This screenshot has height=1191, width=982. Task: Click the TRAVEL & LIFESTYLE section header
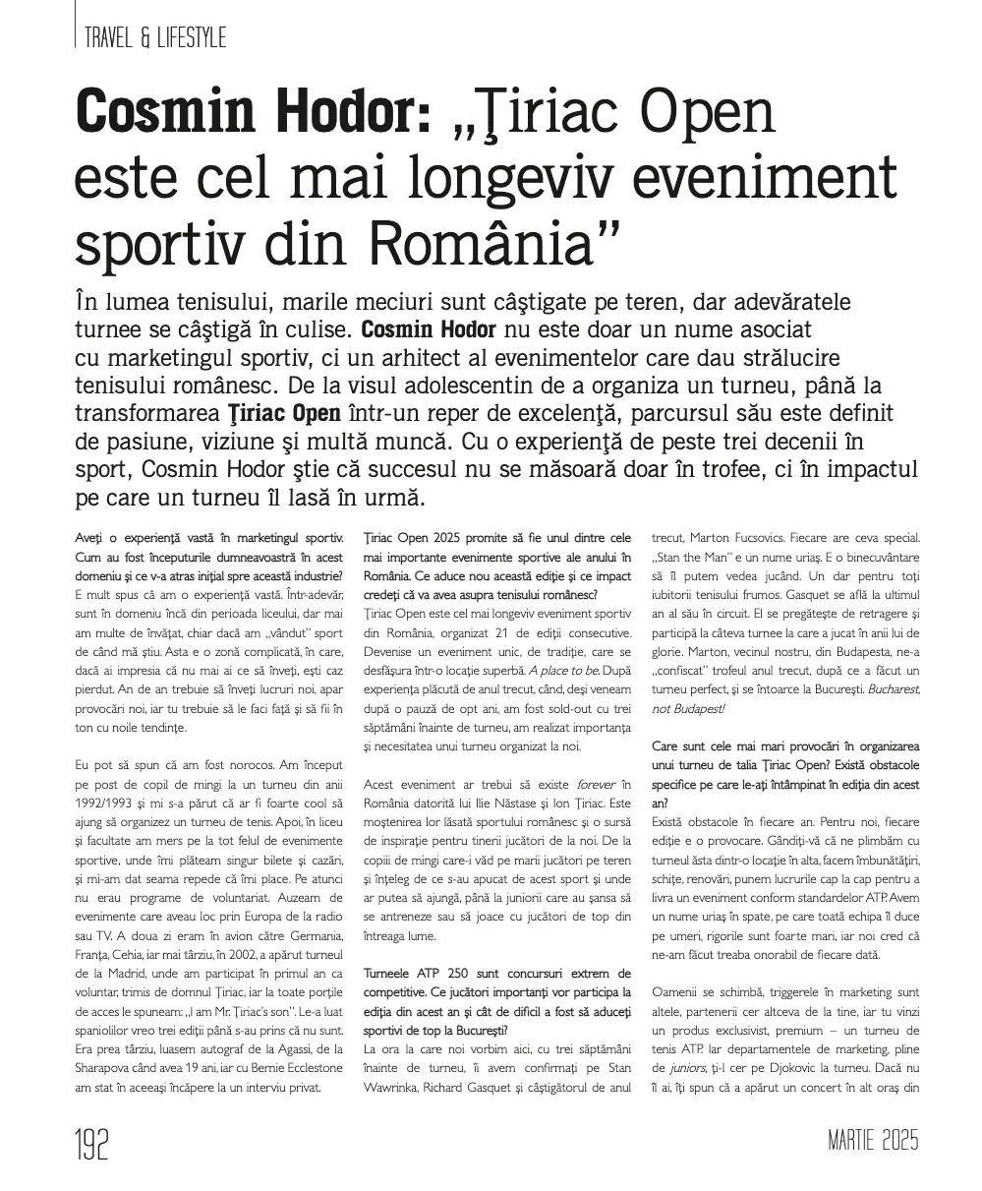click(155, 37)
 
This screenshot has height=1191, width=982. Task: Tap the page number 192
click(92, 1144)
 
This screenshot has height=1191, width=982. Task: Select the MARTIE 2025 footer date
click(873, 1142)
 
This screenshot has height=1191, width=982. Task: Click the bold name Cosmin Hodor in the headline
click(253, 116)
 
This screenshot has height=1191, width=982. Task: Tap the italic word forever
click(599, 783)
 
